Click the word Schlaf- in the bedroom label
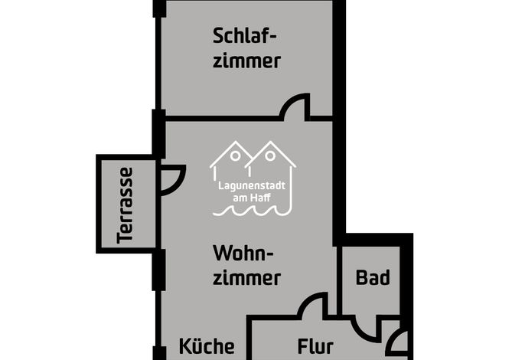click(x=244, y=36)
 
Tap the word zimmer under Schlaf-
click(x=246, y=61)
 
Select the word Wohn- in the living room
click(x=243, y=254)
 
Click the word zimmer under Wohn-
click(x=246, y=278)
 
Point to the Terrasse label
click(x=125, y=206)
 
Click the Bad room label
click(x=373, y=277)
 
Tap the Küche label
click(x=207, y=346)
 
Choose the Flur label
click(x=315, y=346)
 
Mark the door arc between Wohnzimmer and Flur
click(x=308, y=299)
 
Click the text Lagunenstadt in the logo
click(x=252, y=186)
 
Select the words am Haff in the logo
click(x=252, y=198)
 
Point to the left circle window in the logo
click(x=236, y=155)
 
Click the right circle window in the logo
click(x=270, y=155)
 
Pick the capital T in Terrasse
click(x=125, y=237)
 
